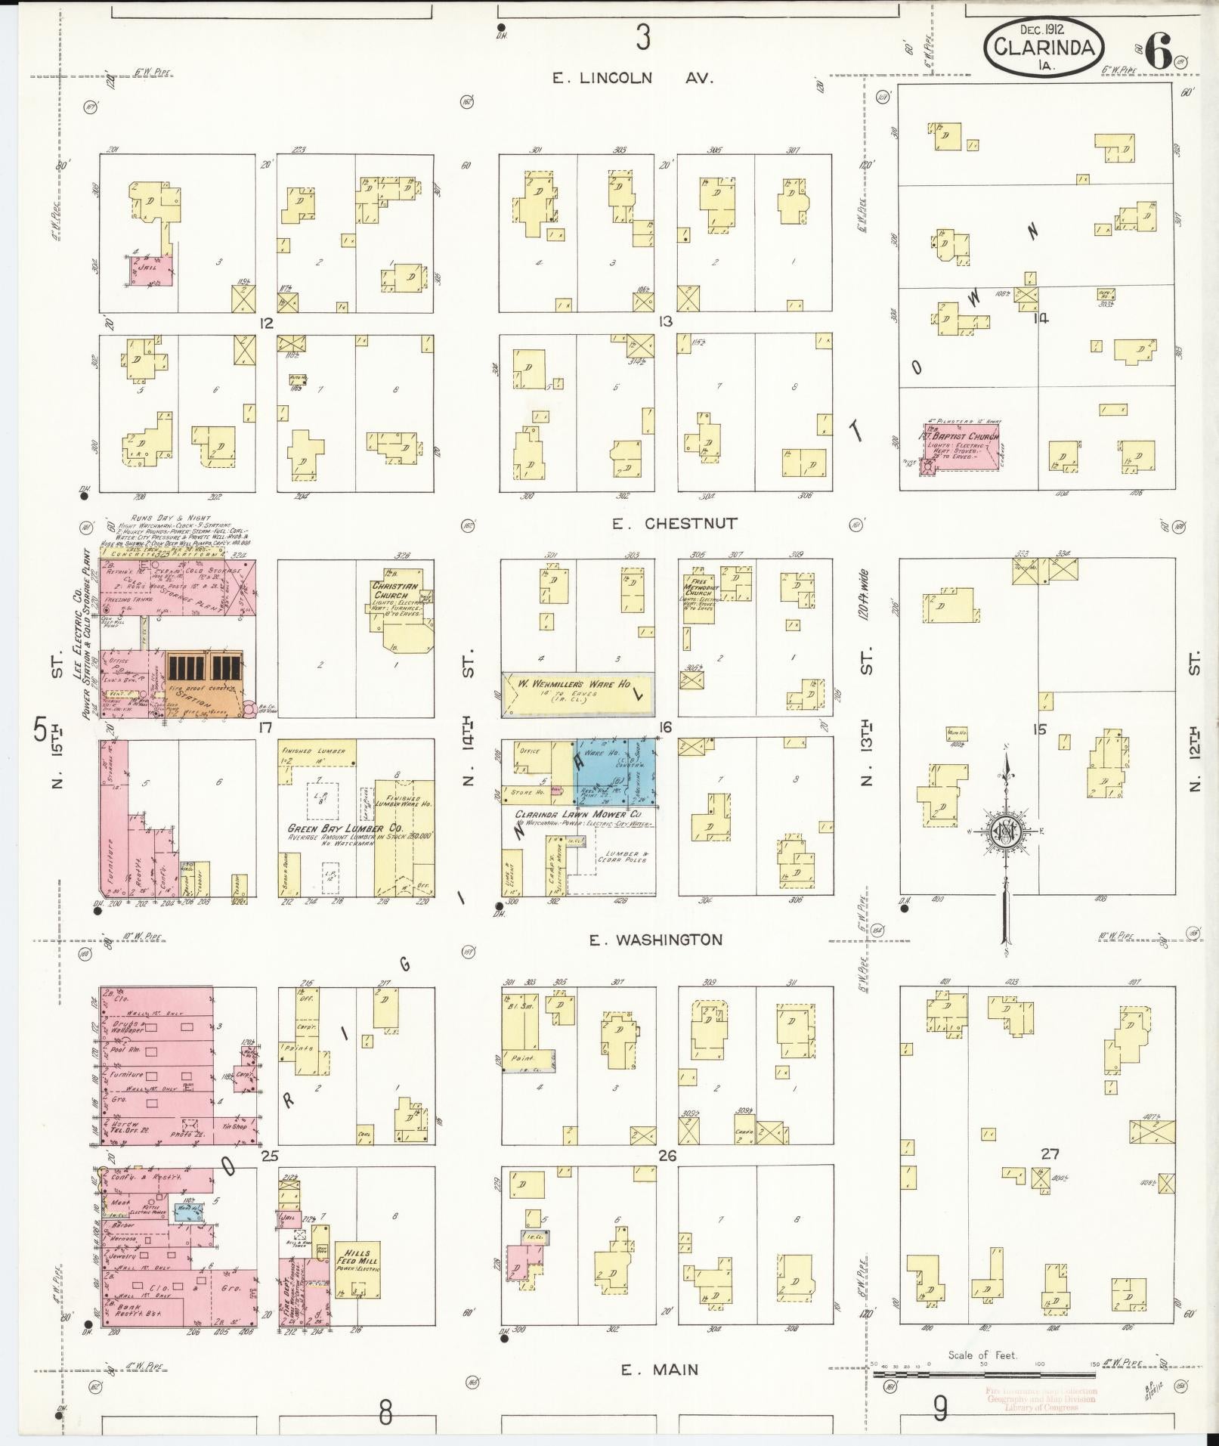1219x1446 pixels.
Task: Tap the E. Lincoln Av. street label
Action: (x=632, y=78)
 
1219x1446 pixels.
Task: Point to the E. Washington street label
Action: (x=656, y=940)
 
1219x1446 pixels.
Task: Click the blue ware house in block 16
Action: (x=614, y=771)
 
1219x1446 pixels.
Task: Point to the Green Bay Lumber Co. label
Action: (x=345, y=828)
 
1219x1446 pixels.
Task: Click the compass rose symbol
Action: (x=1006, y=829)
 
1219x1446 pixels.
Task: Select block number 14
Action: (x=1041, y=317)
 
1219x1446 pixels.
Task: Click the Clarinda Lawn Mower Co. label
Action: (x=577, y=814)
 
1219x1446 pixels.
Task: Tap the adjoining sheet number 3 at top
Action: (x=642, y=36)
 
